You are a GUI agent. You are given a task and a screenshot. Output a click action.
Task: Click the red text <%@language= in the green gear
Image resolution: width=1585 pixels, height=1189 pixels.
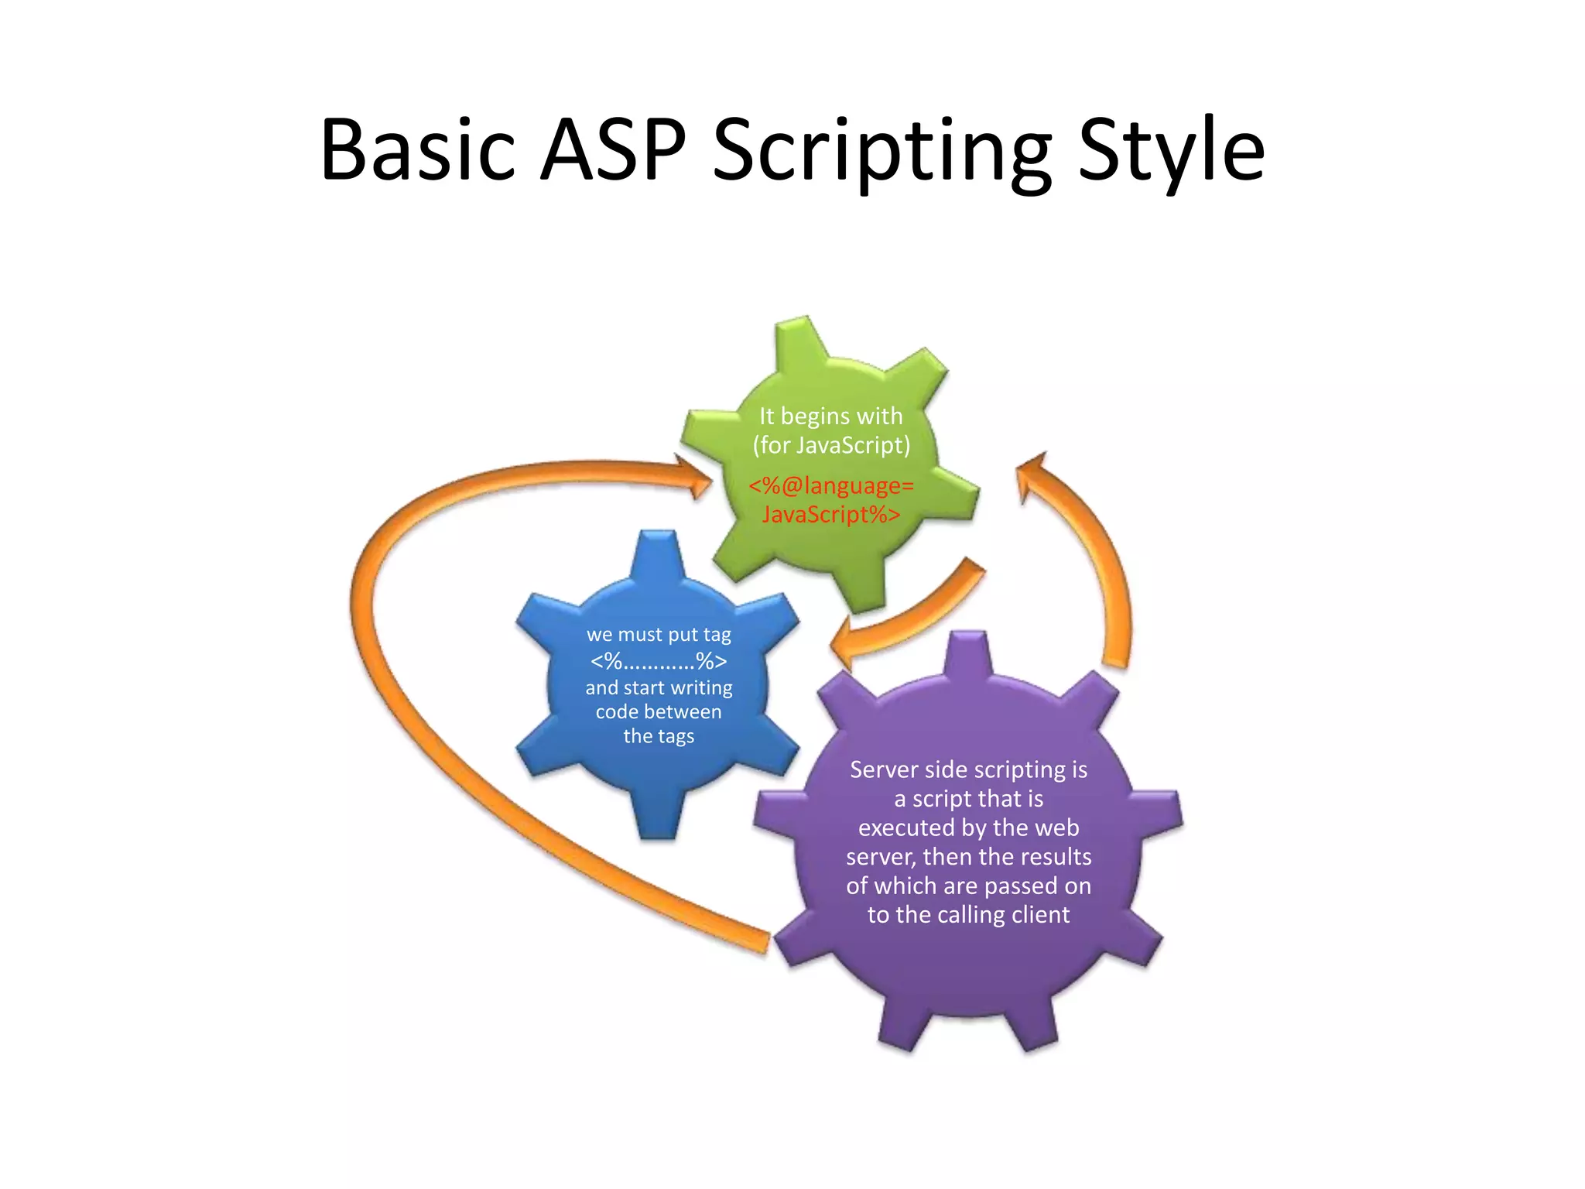831,485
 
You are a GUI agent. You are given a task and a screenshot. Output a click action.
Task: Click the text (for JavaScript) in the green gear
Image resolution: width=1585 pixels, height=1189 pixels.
831,445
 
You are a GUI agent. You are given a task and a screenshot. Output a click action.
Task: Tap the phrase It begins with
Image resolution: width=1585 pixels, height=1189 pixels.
831,416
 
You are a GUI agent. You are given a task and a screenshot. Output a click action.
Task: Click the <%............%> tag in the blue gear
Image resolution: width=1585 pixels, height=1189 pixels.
659,661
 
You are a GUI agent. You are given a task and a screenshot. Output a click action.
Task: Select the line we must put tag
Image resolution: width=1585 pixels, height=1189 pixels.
659,635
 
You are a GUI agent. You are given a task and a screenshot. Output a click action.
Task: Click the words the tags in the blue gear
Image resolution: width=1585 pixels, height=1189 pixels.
659,736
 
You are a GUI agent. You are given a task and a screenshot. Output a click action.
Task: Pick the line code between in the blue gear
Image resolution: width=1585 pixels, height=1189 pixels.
659,711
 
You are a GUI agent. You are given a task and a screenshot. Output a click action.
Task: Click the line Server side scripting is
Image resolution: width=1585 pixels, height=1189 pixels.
968,769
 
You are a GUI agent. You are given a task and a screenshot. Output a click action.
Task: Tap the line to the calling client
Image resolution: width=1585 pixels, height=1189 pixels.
968,915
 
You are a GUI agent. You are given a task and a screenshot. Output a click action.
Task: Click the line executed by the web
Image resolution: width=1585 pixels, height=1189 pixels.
968,828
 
